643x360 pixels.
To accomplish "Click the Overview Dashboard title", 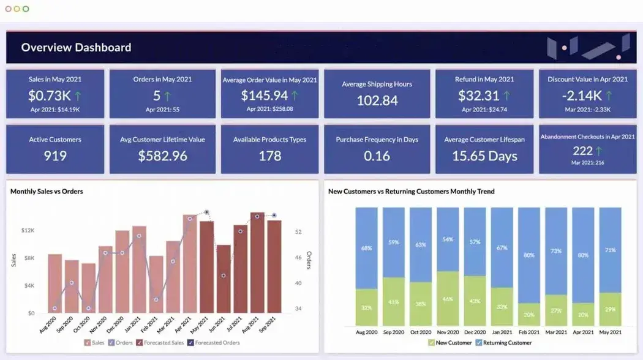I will pos(76,48).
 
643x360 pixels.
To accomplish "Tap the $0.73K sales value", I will pos(49,96).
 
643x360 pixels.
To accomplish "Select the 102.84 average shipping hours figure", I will pos(377,100).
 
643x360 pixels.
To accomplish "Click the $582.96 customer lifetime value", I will pos(162,156).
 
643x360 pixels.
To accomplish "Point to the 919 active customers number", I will pos(55,156).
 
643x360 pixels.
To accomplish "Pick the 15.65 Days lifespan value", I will pos(484,156).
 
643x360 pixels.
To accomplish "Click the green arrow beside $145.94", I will pos(295,96).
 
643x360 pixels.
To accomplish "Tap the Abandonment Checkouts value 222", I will pos(582,151).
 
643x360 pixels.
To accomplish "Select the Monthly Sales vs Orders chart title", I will pos(47,192).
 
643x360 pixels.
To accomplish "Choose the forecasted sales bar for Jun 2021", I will pos(224,279).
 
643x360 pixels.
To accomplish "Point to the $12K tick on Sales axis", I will pos(28,231).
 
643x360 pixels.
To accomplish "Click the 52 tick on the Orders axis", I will pos(298,232).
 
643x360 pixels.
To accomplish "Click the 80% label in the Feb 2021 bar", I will pos(529,255).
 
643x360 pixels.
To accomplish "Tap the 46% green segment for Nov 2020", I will pos(448,299).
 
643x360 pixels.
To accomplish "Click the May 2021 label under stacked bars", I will pos(610,332).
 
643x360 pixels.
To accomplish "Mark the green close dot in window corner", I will pos(26,9).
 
